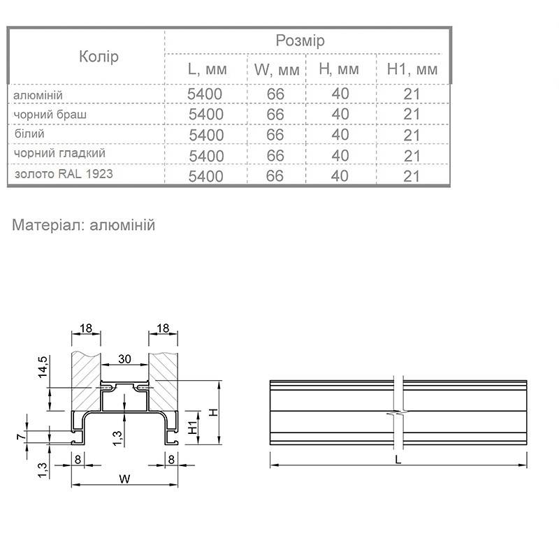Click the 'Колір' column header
[99, 57]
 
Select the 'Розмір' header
[300, 41]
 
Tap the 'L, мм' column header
[207, 68]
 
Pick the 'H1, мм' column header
[412, 68]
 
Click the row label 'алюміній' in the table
[38, 95]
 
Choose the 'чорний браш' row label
[50, 115]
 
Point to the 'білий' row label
[29, 133]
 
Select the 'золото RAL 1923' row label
[64, 174]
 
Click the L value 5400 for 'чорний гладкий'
[206, 156]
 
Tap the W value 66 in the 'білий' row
[275, 135]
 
